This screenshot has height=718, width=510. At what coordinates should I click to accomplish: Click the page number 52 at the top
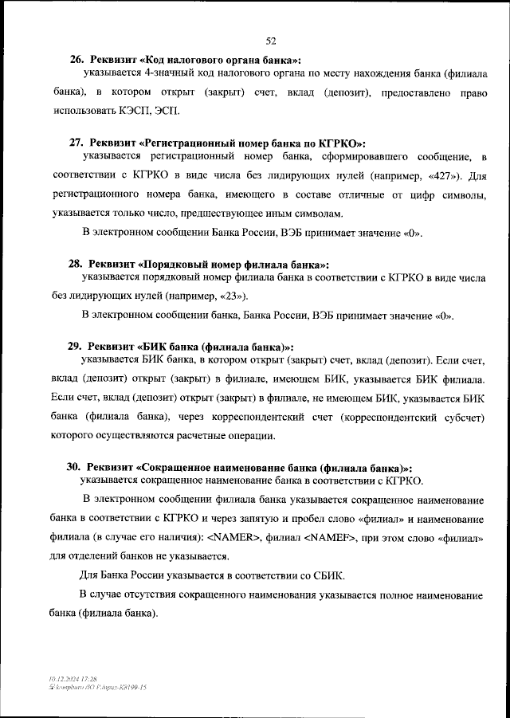coord(270,41)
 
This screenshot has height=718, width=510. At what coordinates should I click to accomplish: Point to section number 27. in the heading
coord(77,142)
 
